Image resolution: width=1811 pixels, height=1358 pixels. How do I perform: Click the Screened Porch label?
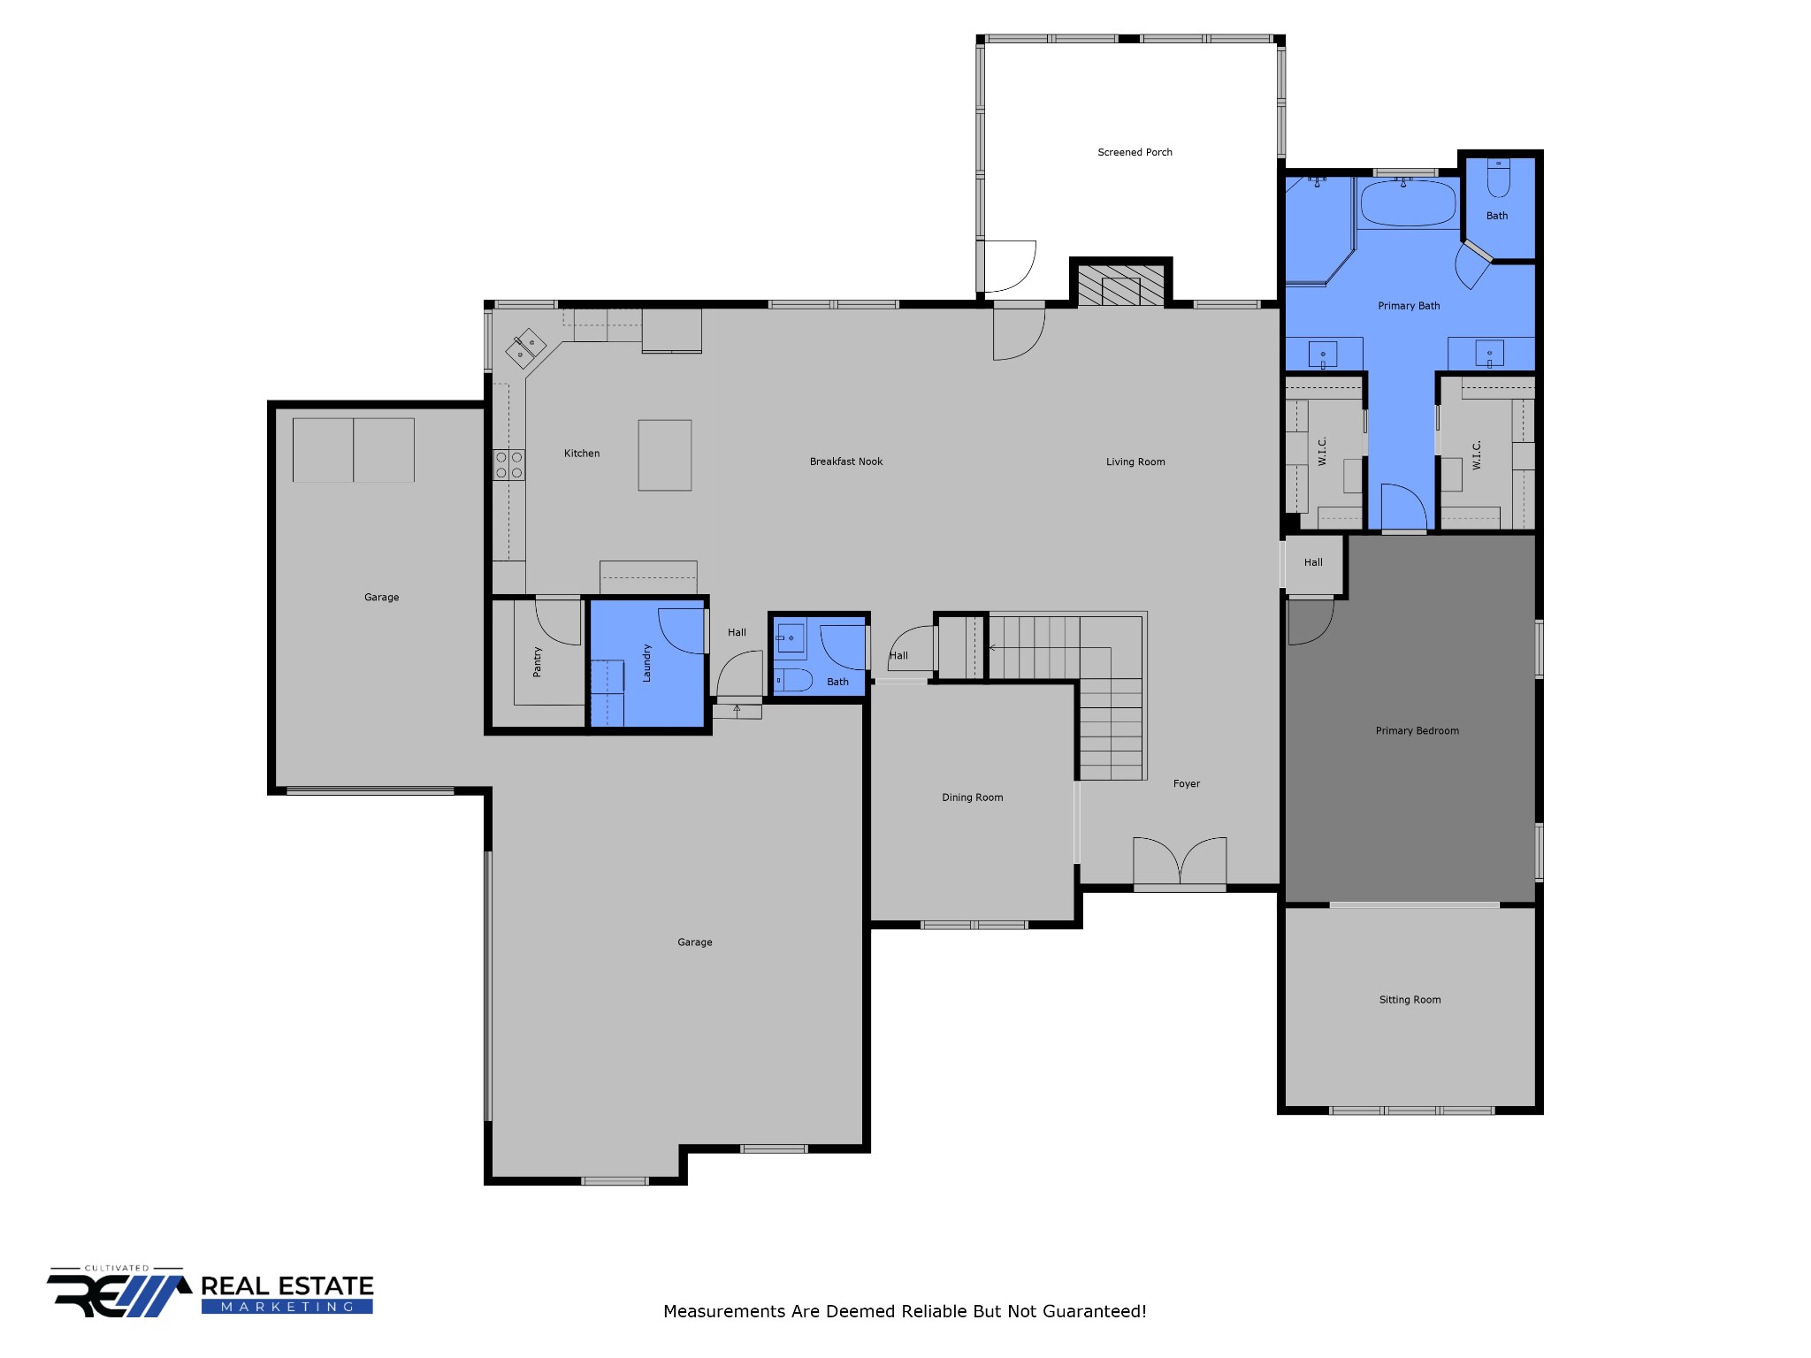[1135, 152]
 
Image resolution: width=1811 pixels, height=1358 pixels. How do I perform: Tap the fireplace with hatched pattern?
[1120, 287]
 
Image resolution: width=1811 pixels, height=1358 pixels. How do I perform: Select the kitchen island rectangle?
[665, 455]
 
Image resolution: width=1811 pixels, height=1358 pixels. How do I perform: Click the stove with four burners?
[508, 465]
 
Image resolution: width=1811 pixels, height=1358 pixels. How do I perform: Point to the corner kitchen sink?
[525, 347]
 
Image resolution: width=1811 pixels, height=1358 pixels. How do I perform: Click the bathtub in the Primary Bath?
[1408, 203]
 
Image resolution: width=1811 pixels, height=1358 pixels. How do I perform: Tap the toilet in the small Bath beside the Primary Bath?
[1498, 179]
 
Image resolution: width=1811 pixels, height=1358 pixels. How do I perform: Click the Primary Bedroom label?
[1417, 731]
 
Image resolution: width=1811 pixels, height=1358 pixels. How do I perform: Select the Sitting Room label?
[1410, 1000]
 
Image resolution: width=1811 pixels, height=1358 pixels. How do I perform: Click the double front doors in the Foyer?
[1180, 862]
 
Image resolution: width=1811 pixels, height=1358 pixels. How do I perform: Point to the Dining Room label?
[972, 797]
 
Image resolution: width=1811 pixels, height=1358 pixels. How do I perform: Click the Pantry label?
[537, 661]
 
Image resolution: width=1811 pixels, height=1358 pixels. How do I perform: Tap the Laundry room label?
[646, 662]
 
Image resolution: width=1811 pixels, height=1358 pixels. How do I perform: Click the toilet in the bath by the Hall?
[794, 680]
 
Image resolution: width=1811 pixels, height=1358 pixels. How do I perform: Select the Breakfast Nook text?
[845, 462]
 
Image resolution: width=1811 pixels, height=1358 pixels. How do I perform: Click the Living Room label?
[1135, 462]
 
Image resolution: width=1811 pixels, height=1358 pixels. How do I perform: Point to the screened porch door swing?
[1009, 265]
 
